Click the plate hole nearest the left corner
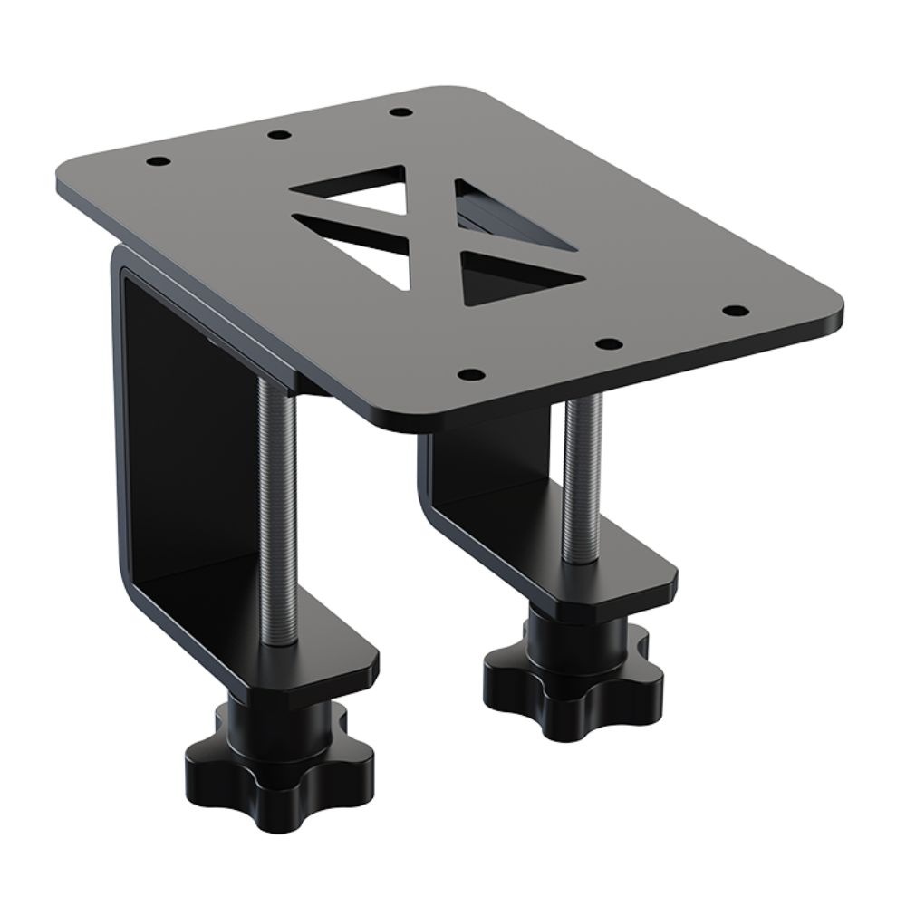[x=159, y=162]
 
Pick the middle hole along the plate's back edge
[x=280, y=136]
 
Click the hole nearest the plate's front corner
[x=467, y=373]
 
